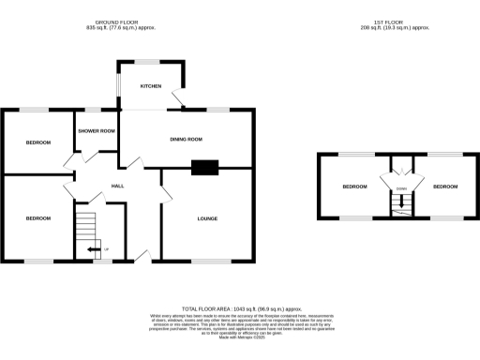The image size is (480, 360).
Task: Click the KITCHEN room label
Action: [150, 85]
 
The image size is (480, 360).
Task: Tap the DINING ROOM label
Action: [186, 140]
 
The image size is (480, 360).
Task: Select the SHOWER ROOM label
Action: [97, 131]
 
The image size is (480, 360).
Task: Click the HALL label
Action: [119, 186]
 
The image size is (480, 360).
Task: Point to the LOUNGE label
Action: [207, 218]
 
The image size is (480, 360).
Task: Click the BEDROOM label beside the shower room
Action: [37, 142]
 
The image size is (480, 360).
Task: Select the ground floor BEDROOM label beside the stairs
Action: [37, 218]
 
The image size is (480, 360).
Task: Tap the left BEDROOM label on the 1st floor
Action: [354, 187]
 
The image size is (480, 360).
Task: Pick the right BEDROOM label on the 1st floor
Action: [445, 187]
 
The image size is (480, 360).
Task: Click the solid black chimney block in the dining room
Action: [204, 169]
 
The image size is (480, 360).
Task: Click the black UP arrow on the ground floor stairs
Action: [93, 249]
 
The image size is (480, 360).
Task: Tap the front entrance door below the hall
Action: [141, 256]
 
